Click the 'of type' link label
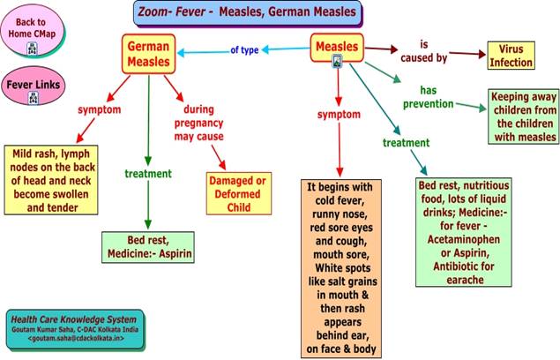[x=243, y=50]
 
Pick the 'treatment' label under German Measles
[x=148, y=173]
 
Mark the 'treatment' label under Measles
[x=406, y=142]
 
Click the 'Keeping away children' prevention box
[x=524, y=117]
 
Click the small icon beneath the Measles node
[x=337, y=61]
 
